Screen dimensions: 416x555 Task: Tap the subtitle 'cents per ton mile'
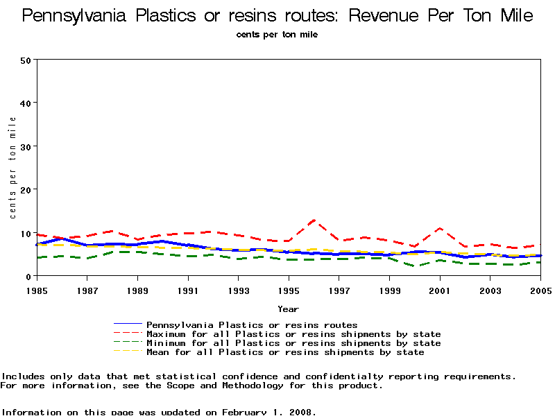(277, 35)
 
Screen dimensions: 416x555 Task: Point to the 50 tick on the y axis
(26, 60)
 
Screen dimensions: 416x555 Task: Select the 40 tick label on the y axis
(26, 103)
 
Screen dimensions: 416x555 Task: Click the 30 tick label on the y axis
(26, 146)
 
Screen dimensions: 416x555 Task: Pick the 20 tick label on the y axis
(26, 189)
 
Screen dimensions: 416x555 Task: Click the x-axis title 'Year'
(289, 309)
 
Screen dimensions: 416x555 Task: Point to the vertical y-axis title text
(12, 167)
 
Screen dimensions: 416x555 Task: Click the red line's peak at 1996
(314, 220)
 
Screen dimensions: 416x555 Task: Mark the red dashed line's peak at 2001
(440, 228)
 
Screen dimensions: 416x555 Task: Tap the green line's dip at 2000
(415, 266)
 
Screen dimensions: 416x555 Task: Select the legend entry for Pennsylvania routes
(252, 324)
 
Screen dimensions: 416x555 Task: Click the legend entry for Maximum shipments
(293, 333)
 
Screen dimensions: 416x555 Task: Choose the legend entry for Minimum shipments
(293, 343)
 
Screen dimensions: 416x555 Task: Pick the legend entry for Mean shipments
(285, 352)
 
